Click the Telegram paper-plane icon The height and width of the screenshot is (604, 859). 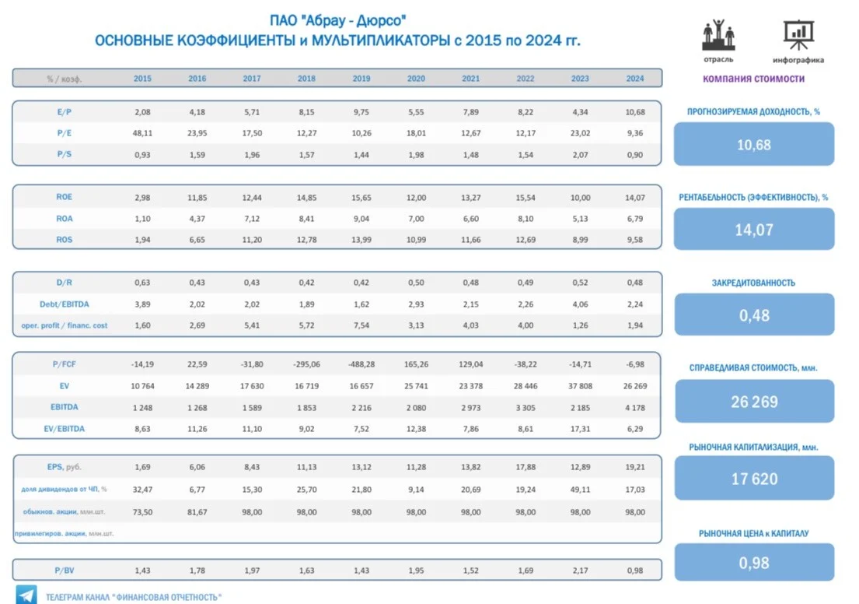(x=26, y=595)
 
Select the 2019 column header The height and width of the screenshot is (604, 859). (x=361, y=79)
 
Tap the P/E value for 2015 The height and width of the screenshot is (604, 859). (x=142, y=133)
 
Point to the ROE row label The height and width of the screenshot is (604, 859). (x=64, y=197)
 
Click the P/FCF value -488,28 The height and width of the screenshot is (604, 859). (x=361, y=364)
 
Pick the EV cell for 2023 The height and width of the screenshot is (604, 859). (x=580, y=386)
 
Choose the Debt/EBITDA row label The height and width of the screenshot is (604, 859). (x=64, y=304)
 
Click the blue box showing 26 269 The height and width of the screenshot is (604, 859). (x=754, y=402)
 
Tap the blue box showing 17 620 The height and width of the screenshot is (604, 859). (x=754, y=479)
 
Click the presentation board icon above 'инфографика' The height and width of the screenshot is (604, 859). (x=798, y=35)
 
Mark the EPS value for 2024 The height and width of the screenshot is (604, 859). (x=635, y=468)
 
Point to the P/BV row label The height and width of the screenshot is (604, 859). (x=64, y=571)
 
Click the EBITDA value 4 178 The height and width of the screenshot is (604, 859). (x=635, y=408)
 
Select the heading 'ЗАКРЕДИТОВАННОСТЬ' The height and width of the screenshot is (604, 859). (x=753, y=283)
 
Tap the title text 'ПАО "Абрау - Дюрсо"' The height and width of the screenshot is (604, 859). (x=337, y=21)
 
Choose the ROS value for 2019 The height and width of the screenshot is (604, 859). (x=361, y=240)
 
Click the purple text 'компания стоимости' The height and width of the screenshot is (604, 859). (x=754, y=79)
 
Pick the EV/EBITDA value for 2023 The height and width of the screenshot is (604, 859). (x=580, y=429)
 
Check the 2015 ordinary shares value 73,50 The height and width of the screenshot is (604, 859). (x=142, y=512)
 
